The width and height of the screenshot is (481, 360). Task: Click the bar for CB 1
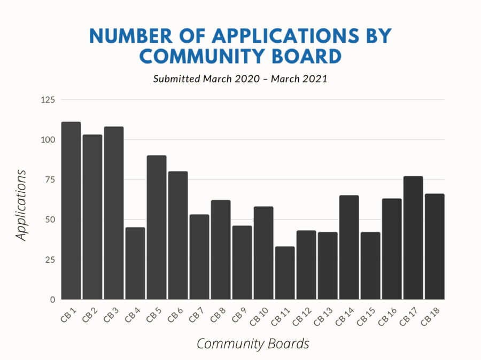point(71,210)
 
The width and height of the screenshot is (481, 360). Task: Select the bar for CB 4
point(135,263)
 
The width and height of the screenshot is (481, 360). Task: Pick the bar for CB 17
point(413,238)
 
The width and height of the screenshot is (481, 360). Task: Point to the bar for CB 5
point(157,227)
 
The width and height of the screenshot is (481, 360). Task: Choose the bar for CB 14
point(349,247)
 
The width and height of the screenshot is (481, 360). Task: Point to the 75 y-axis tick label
point(50,180)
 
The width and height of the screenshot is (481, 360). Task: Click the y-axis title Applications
point(21,205)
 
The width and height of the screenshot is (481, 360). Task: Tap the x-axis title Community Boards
point(253,343)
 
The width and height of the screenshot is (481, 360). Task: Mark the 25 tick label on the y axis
point(50,260)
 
